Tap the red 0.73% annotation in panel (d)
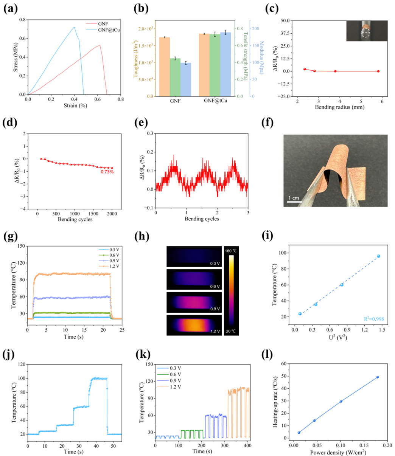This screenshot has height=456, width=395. pyautogui.click(x=107, y=172)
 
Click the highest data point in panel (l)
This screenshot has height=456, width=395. pyautogui.click(x=377, y=377)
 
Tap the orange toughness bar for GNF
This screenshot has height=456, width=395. pyautogui.click(x=164, y=67)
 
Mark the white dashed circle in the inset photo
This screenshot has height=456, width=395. pyautogui.click(x=365, y=33)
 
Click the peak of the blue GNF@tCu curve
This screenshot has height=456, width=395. pyautogui.click(x=74, y=27)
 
